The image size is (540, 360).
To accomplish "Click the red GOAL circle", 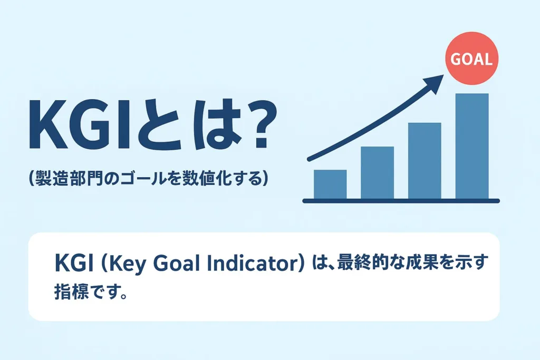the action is [471, 58].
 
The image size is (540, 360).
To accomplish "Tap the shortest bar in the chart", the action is [330, 184].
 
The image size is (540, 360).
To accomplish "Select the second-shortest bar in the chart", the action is [377, 173].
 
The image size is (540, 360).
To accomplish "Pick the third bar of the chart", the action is [425, 161].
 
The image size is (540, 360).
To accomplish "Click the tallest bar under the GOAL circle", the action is [472, 147].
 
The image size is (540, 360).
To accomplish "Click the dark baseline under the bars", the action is [401, 201].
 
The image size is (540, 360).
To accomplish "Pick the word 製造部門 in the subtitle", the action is [69, 179].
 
